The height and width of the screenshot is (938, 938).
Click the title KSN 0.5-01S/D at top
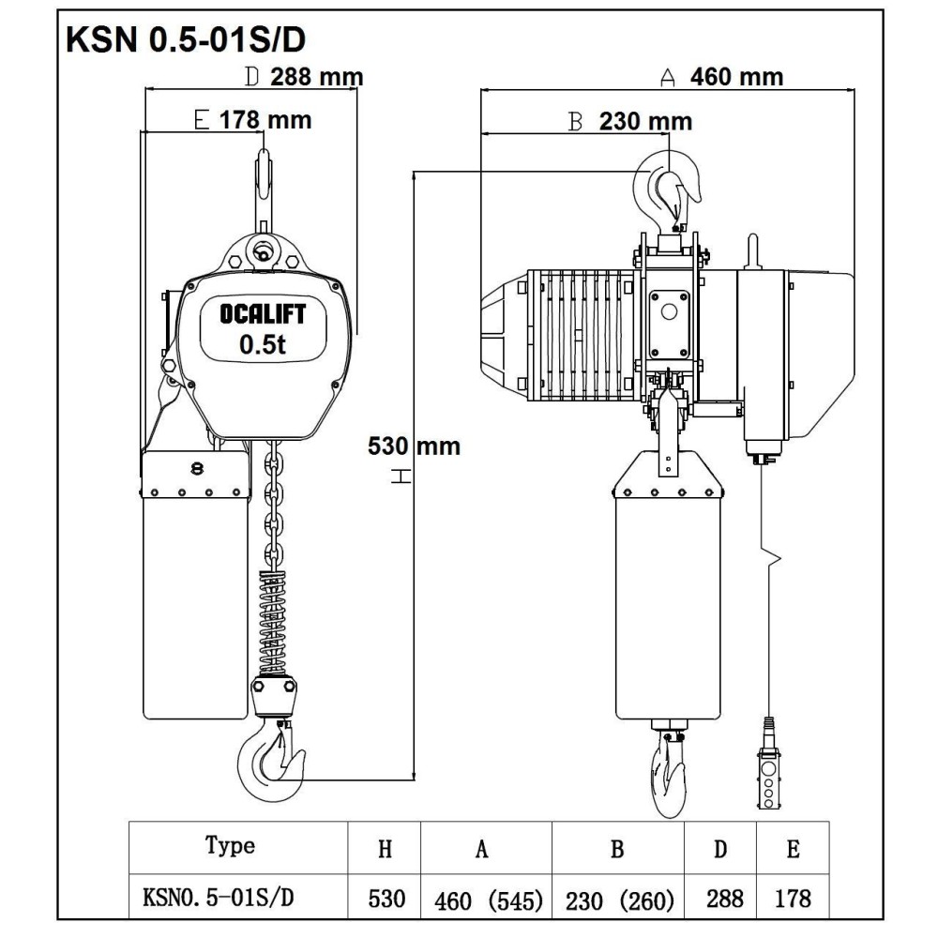coord(185,42)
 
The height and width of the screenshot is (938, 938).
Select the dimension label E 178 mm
coord(252,120)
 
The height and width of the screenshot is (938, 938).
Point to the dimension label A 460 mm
coord(722,77)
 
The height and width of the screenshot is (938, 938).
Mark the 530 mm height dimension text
coord(414,446)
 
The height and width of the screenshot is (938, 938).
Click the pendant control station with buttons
coord(769,779)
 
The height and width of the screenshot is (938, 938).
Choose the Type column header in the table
coord(230,845)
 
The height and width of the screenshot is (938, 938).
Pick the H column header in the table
coord(385,849)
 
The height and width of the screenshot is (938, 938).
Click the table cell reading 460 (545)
coord(489,901)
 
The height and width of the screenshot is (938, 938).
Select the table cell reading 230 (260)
coord(619,901)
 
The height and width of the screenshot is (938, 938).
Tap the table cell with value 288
coord(723,900)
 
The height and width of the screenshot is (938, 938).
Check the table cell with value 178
coord(794,900)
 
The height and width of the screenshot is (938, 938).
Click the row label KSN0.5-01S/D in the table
coord(219,899)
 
